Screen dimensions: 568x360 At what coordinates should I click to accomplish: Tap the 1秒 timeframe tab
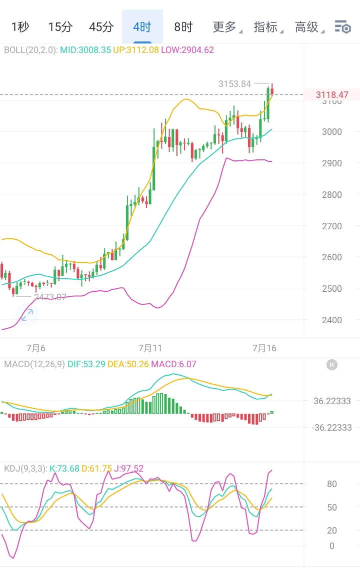(20, 27)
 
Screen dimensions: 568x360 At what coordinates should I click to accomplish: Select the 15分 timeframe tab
(60, 27)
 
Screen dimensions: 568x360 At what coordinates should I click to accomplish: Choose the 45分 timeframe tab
(101, 27)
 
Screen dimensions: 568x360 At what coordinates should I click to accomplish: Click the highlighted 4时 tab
(142, 27)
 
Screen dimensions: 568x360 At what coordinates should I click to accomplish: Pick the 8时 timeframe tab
(183, 27)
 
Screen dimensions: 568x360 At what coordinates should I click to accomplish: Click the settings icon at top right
(343, 27)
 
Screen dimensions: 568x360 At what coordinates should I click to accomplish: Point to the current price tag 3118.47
(332, 94)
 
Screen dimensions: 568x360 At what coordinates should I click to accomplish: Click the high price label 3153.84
(234, 84)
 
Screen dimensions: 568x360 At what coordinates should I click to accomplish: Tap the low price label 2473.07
(50, 297)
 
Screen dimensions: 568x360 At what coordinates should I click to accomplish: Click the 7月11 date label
(150, 348)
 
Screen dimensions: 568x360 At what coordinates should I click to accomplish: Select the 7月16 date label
(264, 348)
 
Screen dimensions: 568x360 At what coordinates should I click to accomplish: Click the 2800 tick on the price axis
(331, 195)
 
